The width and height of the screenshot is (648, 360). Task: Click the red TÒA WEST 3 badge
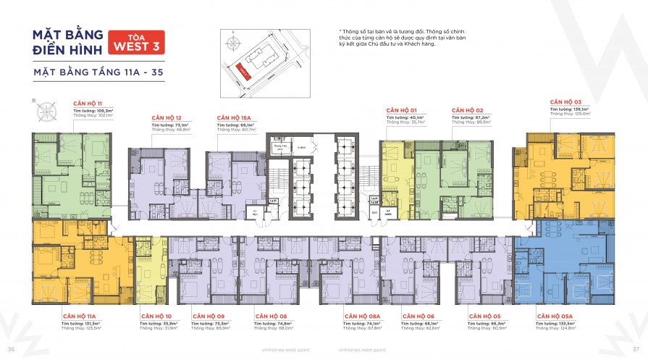(136, 44)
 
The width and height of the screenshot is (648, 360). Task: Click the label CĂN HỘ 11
(88, 104)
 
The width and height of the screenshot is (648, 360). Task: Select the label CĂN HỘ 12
(167, 117)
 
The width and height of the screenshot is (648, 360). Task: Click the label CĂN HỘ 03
(565, 102)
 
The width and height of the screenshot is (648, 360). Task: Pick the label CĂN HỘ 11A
(80, 317)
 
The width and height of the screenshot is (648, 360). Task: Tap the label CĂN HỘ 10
(154, 317)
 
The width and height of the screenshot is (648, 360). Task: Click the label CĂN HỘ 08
(272, 317)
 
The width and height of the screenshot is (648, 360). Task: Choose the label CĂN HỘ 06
(418, 317)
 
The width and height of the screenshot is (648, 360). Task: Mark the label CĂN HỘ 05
(484, 317)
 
